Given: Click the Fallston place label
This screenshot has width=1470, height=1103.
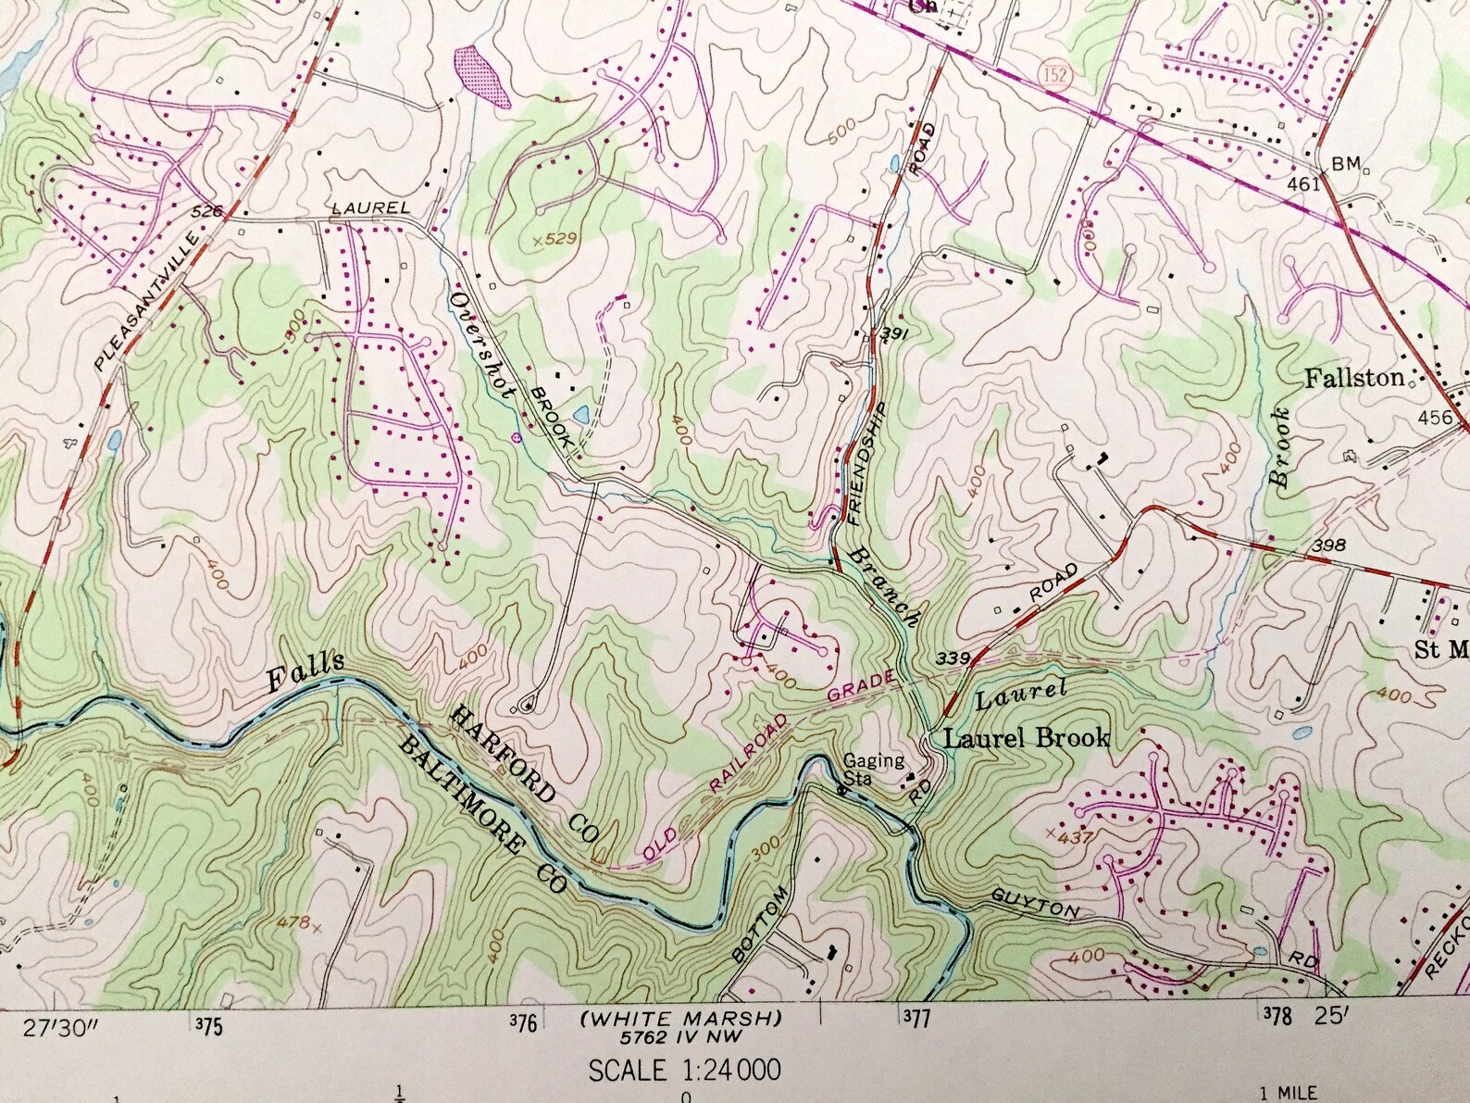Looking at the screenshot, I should click(x=1354, y=378).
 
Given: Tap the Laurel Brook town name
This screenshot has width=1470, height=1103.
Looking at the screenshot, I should click(x=1027, y=738).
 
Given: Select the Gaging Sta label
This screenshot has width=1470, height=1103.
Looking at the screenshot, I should click(x=873, y=769).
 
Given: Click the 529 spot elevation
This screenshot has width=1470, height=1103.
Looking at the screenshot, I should click(x=555, y=240).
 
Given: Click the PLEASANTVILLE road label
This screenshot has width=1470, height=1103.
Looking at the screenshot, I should click(x=148, y=303).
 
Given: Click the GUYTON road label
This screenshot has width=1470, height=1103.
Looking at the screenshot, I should click(x=1034, y=904).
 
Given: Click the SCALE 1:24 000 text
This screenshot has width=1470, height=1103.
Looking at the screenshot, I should click(x=685, y=1071).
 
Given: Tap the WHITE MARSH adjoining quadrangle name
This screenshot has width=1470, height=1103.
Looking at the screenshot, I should click(x=680, y=1019).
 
